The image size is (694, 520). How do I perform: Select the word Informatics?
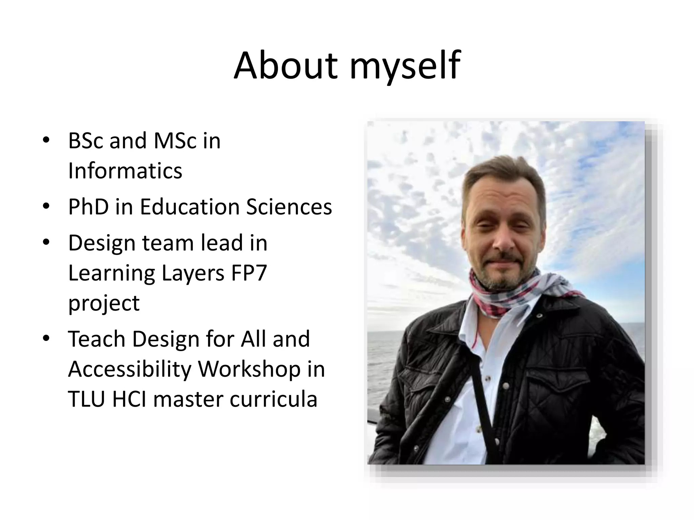pyautogui.click(x=125, y=171)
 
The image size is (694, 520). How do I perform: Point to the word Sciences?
pyautogui.click(x=289, y=207)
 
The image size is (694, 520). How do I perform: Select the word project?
pyautogui.click(x=104, y=303)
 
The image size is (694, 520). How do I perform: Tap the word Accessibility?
pyautogui.click(x=130, y=369)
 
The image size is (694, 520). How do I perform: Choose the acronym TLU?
pyautogui.click(x=87, y=399)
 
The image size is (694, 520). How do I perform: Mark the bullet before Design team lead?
pyautogui.click(x=46, y=242)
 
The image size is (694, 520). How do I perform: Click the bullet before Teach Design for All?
pyautogui.click(x=46, y=338)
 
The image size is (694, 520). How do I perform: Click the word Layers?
pyautogui.click(x=193, y=273)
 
